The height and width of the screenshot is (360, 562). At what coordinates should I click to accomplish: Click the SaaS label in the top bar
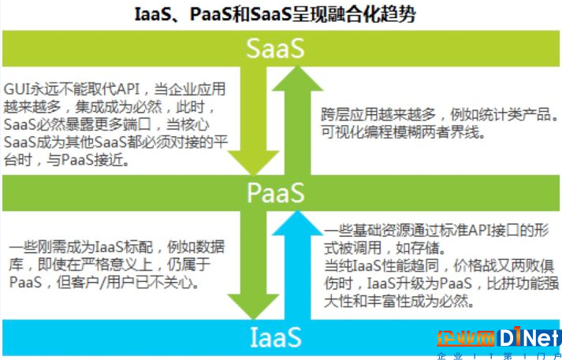click(x=275, y=48)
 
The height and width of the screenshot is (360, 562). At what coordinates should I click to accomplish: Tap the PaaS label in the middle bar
click(x=276, y=193)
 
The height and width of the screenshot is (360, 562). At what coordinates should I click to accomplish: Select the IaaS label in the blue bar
click(x=275, y=337)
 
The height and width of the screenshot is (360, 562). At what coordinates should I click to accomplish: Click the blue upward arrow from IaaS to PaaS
click(x=297, y=265)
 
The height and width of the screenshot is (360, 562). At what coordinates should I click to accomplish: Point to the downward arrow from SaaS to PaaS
click(x=253, y=121)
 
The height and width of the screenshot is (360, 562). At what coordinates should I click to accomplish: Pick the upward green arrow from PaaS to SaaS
click(x=297, y=121)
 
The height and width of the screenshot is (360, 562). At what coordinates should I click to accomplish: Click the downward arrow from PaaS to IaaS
click(x=253, y=265)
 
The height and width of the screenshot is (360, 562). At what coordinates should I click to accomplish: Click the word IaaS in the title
click(x=154, y=15)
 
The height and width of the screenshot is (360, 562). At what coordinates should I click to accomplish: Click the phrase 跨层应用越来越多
click(x=378, y=115)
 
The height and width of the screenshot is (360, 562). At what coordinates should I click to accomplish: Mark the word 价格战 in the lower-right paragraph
click(x=475, y=265)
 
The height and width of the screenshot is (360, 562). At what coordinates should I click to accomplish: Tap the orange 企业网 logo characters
click(x=466, y=340)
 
